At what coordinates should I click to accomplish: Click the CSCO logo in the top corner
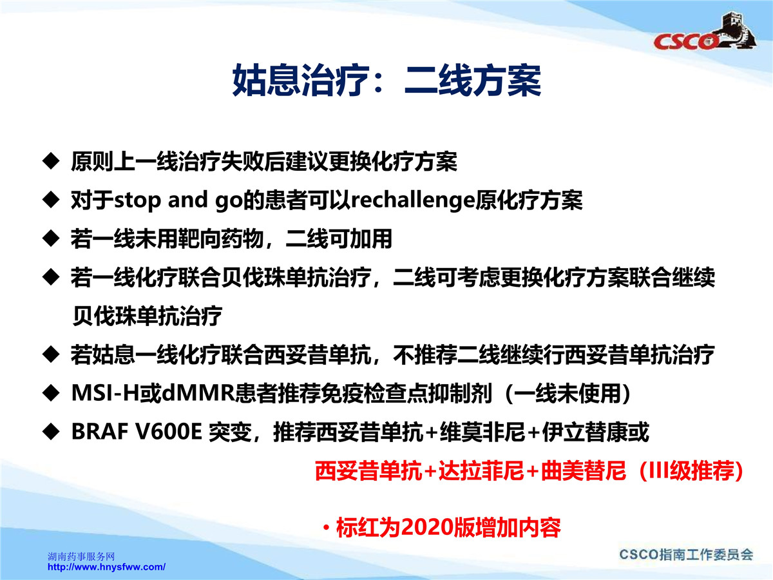click(x=705, y=35)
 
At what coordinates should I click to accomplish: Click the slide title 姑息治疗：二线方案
click(x=386, y=81)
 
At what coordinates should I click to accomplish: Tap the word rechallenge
click(x=413, y=200)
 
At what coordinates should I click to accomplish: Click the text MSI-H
click(x=105, y=392)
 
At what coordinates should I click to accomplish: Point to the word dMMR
click(x=198, y=392)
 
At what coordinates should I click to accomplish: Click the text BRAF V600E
click(x=137, y=431)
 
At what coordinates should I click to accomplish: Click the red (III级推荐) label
click(x=691, y=470)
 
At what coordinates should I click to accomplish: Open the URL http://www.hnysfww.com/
click(x=106, y=567)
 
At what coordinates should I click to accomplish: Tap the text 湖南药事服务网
click(x=81, y=556)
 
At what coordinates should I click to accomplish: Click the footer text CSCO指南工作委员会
click(x=686, y=555)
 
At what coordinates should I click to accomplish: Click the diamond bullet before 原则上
click(x=51, y=161)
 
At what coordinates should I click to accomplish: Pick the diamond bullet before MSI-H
click(x=51, y=392)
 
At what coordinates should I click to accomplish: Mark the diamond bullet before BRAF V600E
click(x=51, y=431)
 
